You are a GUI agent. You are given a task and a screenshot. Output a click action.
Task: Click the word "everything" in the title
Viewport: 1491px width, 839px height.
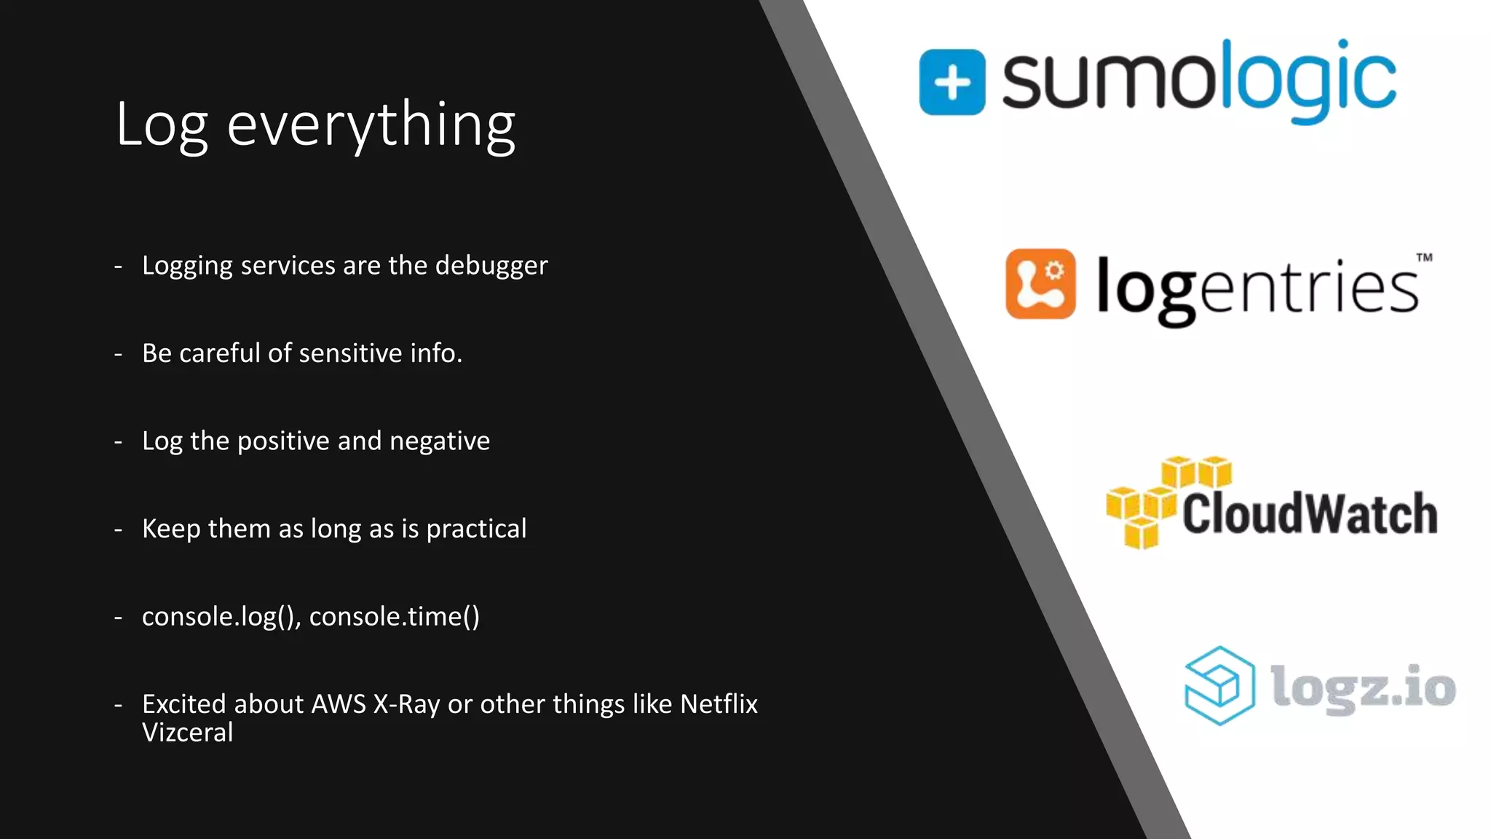(371, 125)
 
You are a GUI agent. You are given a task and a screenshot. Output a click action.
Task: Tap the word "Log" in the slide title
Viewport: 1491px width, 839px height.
(162, 125)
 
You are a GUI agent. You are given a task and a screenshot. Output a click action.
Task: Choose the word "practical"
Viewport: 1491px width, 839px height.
(476, 529)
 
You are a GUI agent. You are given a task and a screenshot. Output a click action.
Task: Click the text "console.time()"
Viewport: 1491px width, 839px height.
(394, 617)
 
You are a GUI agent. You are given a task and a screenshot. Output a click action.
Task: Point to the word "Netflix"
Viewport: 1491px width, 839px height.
(719, 704)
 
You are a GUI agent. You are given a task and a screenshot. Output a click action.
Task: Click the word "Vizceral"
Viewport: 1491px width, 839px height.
(187, 733)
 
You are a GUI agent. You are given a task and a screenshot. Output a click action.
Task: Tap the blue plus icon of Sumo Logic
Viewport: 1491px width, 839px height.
(952, 82)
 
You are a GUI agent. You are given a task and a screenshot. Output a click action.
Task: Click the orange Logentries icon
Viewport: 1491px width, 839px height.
(1040, 284)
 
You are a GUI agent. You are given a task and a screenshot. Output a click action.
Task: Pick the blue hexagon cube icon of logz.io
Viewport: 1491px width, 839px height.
(1219, 686)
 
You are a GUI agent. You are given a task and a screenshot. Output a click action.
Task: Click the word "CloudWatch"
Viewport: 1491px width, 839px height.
(1309, 513)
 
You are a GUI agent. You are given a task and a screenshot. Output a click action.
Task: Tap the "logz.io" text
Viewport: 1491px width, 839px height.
(1363, 686)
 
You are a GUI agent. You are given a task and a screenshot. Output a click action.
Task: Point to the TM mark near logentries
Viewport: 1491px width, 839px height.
(1424, 257)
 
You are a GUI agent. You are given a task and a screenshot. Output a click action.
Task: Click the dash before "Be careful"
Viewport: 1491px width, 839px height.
(118, 355)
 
